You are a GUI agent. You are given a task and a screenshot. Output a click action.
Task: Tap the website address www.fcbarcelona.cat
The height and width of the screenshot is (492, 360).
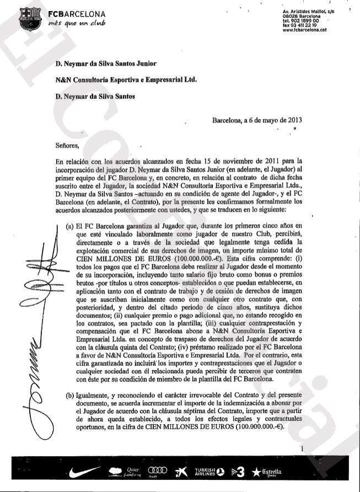coord(300,30)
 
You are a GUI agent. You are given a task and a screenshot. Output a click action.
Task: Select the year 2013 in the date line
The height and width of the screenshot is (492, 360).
coord(290,120)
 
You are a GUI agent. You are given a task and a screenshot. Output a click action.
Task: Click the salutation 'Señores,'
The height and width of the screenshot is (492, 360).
coord(67,146)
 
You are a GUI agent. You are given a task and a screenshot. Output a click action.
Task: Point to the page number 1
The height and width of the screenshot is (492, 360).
coord(303,449)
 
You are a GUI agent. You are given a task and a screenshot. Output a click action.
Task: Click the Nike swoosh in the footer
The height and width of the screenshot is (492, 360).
coord(86,472)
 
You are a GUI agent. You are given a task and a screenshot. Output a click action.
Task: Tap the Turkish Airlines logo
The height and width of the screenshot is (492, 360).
coord(207,472)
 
